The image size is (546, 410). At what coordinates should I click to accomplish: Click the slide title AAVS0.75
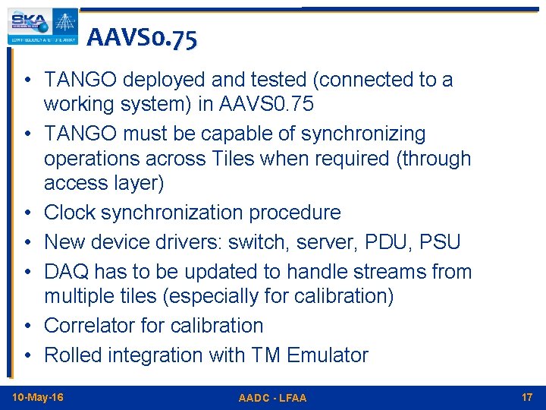[142, 38]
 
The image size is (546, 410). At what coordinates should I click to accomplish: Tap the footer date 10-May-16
[38, 398]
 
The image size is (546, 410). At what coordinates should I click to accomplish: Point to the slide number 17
[527, 398]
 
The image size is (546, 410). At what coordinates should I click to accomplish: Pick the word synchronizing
[363, 134]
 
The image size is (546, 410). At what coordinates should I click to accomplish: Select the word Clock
[71, 213]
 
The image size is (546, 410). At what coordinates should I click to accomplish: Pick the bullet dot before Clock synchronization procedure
[27, 213]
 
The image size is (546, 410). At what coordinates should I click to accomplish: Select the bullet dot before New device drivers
[27, 243]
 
